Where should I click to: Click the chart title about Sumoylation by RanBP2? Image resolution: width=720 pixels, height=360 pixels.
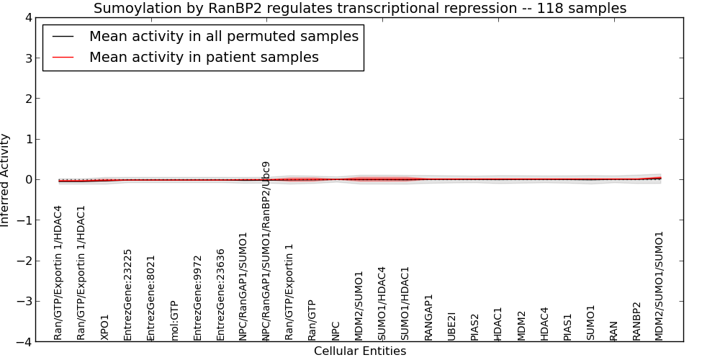(x=360, y=8)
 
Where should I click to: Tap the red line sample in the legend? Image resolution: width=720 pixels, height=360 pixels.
(x=63, y=58)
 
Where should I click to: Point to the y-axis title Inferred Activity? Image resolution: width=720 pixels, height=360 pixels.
(x=4, y=180)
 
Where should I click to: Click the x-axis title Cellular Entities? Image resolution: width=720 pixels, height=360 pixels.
(x=360, y=351)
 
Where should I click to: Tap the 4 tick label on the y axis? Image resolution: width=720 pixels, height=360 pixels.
(x=29, y=18)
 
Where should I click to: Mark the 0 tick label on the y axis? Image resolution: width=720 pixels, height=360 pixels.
(x=29, y=179)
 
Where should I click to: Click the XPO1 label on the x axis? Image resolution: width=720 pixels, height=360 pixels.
(x=104, y=328)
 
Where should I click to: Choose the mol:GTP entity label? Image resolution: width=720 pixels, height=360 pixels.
(x=174, y=321)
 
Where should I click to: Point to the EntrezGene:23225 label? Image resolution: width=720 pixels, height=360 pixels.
(x=127, y=294)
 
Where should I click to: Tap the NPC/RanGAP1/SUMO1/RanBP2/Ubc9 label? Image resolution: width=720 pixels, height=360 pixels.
(x=266, y=251)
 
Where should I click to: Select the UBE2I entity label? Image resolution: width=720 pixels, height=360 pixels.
(x=451, y=326)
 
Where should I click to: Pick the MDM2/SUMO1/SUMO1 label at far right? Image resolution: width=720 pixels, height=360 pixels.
(x=659, y=286)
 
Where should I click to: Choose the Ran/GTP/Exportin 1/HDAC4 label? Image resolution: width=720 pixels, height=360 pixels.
(x=58, y=273)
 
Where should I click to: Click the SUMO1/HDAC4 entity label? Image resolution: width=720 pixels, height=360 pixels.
(x=382, y=304)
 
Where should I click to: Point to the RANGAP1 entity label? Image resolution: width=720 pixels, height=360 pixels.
(x=428, y=318)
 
